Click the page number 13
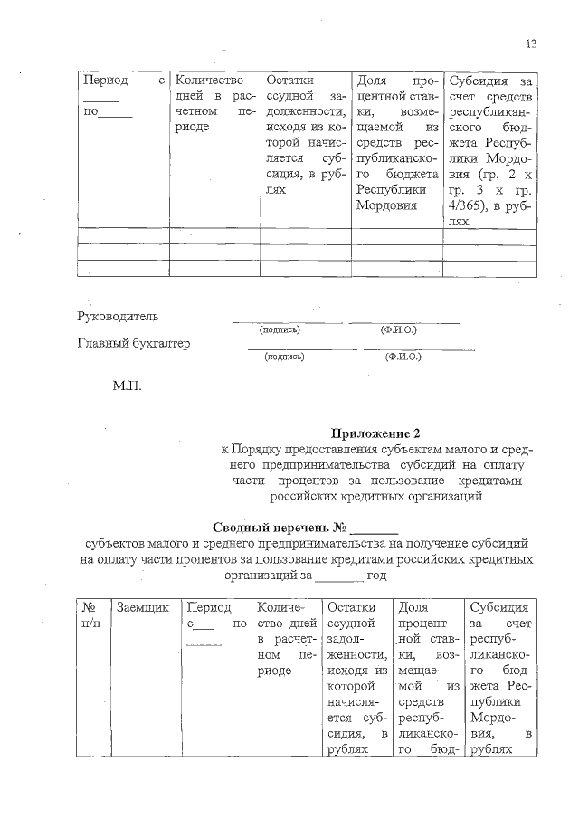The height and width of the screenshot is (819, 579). pyautogui.click(x=530, y=44)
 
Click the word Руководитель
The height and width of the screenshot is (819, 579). pyautogui.click(x=118, y=317)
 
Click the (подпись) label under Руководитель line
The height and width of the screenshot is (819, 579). pyautogui.click(x=280, y=330)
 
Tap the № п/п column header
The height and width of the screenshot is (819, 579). pyautogui.click(x=90, y=615)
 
